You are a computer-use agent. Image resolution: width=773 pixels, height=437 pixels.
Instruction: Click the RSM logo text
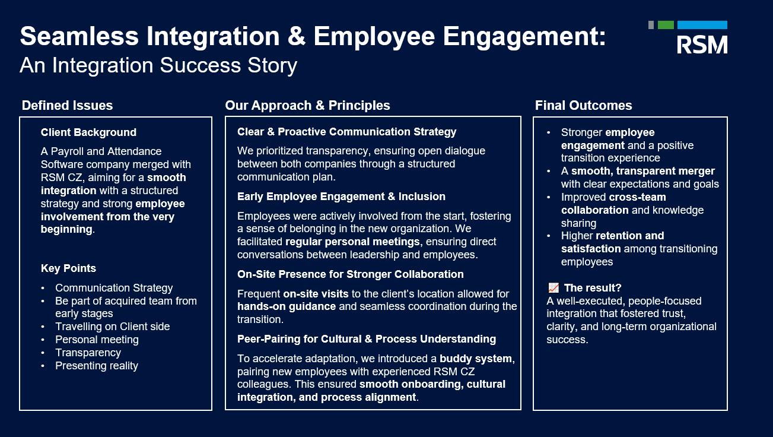(702, 45)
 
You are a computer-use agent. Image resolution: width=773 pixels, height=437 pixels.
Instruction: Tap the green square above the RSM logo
(666, 25)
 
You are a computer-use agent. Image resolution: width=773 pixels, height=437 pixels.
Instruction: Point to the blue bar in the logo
(702, 25)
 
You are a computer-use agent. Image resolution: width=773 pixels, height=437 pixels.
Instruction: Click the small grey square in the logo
(651, 25)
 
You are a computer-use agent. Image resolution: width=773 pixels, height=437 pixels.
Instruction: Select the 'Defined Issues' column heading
(67, 105)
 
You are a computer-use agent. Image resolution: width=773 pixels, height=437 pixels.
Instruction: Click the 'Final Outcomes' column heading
(584, 105)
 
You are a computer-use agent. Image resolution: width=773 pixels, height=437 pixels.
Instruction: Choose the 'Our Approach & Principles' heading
(307, 105)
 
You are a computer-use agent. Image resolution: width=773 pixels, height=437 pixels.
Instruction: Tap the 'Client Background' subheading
(88, 132)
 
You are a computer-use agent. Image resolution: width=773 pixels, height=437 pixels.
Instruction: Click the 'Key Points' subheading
(68, 268)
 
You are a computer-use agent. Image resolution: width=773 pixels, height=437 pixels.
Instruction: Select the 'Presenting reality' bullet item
(97, 366)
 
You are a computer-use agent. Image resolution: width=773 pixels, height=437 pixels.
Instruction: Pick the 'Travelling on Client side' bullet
(113, 327)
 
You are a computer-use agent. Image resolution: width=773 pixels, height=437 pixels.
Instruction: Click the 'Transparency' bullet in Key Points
(88, 353)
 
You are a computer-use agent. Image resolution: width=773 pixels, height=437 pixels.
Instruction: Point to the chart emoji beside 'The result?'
(553, 288)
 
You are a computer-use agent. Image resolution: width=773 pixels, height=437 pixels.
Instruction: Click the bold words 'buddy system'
(476, 359)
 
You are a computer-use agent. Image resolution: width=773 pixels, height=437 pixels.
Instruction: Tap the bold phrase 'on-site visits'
(316, 294)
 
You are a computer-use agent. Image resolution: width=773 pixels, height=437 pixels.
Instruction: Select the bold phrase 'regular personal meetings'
(352, 242)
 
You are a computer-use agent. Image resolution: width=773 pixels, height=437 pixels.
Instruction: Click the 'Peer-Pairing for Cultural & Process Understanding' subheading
(367, 339)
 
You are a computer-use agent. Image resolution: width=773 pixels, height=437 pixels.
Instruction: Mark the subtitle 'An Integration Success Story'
(158, 65)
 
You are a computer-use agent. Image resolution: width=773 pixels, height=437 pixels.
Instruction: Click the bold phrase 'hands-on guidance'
(287, 306)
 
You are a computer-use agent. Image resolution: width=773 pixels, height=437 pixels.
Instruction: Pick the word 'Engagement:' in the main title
(524, 37)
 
